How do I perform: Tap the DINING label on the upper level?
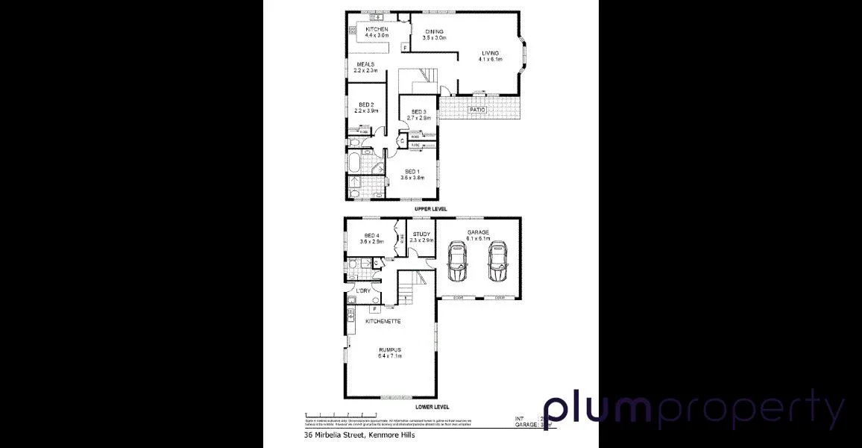pyautogui.click(x=434, y=31)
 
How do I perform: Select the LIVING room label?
pyautogui.click(x=489, y=53)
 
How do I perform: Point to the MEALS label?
pyautogui.click(x=365, y=64)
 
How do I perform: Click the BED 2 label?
pyautogui.click(x=365, y=105)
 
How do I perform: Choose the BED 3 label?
pyautogui.click(x=420, y=112)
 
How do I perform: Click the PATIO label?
pyautogui.click(x=477, y=110)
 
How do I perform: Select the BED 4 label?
pyautogui.click(x=365, y=235)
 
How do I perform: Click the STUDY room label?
pyautogui.click(x=422, y=234)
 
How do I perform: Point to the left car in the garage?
pyautogui.click(x=457, y=263)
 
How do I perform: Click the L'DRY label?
pyautogui.click(x=363, y=290)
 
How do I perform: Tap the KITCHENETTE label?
pyautogui.click(x=383, y=321)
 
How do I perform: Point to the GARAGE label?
pyautogui.click(x=478, y=232)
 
